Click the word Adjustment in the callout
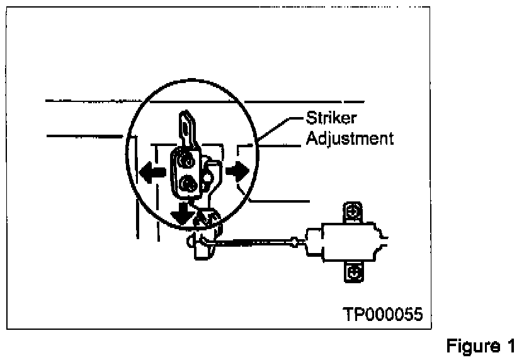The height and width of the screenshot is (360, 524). point(350,138)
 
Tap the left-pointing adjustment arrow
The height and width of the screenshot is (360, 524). point(152,171)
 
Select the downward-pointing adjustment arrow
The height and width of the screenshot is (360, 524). point(183,213)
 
